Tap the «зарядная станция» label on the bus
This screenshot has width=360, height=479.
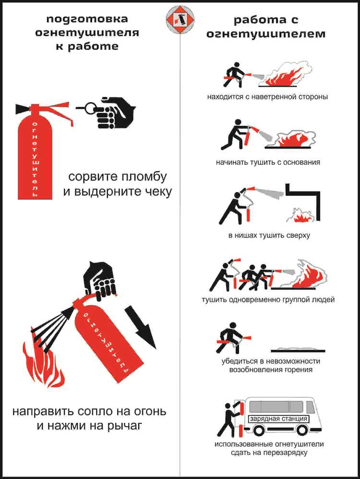click(278, 419)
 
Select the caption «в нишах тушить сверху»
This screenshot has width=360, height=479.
click(269, 236)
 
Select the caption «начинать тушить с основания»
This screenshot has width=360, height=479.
click(268, 162)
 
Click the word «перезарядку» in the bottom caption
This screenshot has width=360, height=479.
click(286, 453)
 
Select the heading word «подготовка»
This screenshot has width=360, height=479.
click(87, 19)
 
